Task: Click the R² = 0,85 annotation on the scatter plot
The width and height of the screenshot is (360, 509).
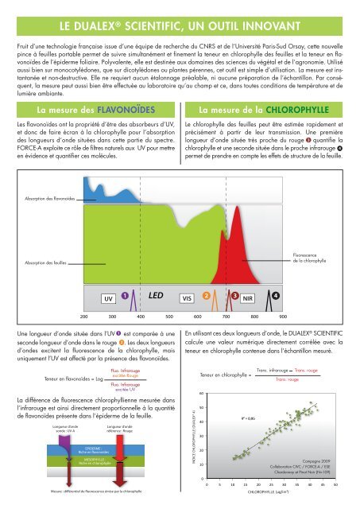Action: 247,417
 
